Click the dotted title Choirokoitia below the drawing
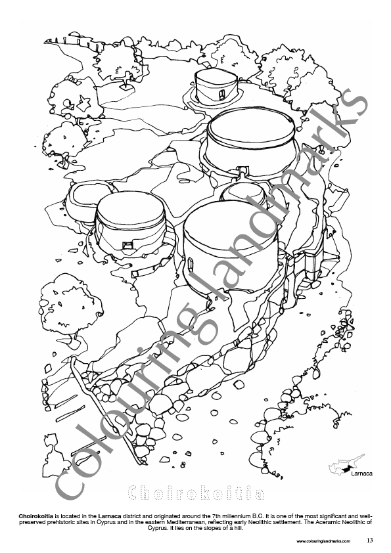coord(196,493)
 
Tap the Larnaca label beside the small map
coord(361,474)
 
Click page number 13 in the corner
coord(370,540)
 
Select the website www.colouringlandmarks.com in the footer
coord(323,541)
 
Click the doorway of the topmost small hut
coord(222,93)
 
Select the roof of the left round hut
coord(131,209)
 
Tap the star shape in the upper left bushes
coord(85,102)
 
